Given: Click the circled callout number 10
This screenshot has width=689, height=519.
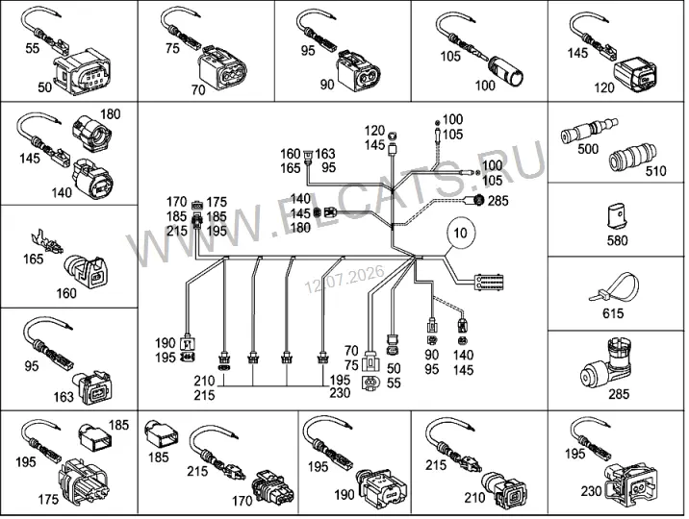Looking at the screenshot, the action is [460, 232].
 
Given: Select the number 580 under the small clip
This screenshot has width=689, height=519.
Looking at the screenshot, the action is [617, 240].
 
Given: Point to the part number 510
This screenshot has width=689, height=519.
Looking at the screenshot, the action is [655, 171].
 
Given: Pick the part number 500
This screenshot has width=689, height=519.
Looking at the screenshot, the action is [588, 149].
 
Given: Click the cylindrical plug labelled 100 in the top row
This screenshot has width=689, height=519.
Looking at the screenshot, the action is [506, 69].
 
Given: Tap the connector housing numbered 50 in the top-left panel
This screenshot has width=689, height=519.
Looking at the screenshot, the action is [82, 71].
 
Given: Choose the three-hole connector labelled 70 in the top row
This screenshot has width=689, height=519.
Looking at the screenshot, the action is [222, 68].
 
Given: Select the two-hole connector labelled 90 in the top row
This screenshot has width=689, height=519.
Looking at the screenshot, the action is [358, 71].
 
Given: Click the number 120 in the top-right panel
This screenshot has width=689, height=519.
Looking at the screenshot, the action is [603, 87].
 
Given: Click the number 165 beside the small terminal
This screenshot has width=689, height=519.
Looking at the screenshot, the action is [34, 259].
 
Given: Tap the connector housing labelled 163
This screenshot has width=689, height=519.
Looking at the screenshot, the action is [94, 387].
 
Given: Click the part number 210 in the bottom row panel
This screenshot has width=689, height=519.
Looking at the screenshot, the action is [474, 497].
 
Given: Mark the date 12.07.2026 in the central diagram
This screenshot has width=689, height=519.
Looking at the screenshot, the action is [344, 279].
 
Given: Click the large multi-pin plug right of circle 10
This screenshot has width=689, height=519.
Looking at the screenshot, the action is [488, 282].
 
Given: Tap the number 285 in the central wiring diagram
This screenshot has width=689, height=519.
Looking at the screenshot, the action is [498, 201].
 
